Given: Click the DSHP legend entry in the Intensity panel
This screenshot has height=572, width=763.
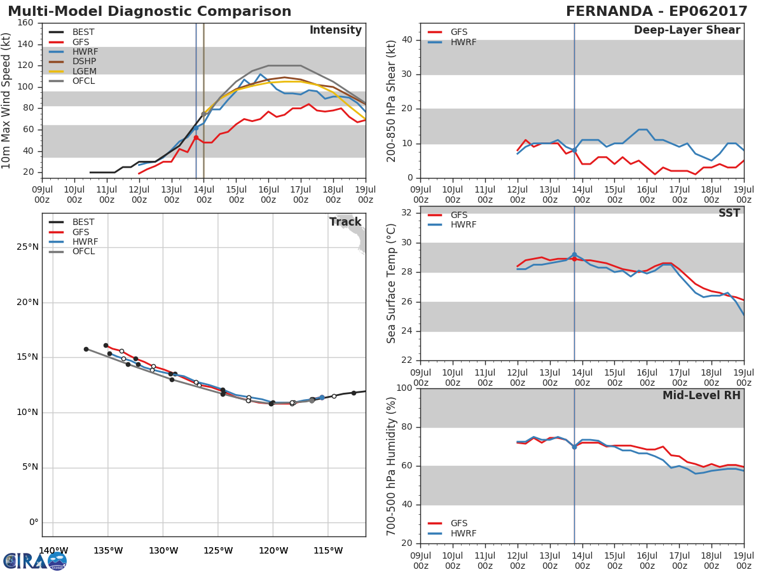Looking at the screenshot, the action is (x=72, y=62).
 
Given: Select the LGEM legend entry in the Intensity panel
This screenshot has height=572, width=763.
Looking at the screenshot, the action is (x=72, y=71).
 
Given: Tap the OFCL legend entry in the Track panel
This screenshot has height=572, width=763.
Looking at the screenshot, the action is (x=72, y=251).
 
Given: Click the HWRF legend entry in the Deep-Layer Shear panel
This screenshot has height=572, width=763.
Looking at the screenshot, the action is (x=452, y=42).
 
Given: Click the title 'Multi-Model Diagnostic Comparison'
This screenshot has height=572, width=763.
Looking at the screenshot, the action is (x=149, y=11).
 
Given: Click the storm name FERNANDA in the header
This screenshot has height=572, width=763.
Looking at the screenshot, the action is (x=609, y=11).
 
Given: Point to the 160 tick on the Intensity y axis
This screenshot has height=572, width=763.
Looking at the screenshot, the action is (x=25, y=23).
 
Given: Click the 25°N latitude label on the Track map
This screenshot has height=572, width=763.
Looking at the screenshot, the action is (x=27, y=247).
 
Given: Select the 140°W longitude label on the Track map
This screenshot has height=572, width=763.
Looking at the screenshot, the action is (x=53, y=550).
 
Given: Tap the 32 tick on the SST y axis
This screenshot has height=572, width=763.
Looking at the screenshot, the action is (x=407, y=213).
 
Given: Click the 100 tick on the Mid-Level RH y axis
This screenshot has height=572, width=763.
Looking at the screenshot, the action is (x=404, y=388).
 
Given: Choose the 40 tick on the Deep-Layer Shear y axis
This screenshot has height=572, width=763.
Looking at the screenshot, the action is (x=407, y=39).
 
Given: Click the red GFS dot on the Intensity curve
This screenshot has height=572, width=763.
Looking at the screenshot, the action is (x=196, y=138).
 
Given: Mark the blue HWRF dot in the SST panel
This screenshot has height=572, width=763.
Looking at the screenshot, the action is (x=574, y=255).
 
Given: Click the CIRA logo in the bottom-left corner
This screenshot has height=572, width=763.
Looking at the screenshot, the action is (x=35, y=561).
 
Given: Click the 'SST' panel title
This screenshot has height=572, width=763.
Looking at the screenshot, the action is (x=729, y=213).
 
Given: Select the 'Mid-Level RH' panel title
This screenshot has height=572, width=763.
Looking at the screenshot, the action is (x=701, y=395).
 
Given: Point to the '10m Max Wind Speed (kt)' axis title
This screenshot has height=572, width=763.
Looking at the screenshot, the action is (x=5, y=100).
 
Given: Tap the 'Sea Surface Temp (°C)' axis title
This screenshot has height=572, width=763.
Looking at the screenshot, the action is (x=391, y=283).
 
